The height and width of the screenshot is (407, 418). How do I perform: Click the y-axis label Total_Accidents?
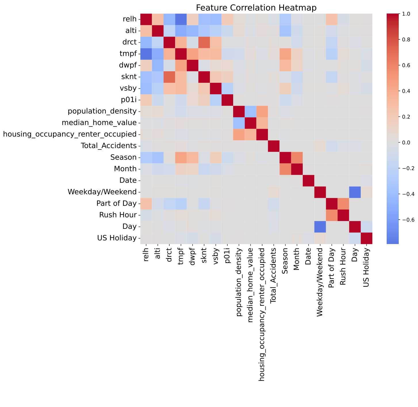(113, 146)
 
